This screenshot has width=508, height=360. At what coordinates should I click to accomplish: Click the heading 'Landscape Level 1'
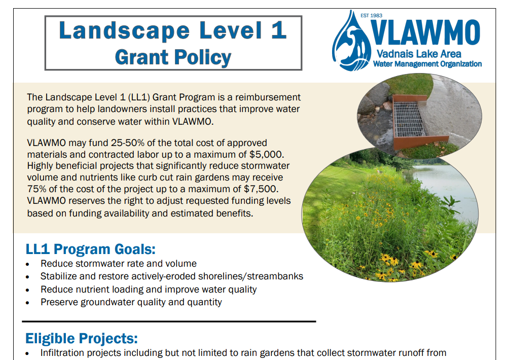pyautogui.click(x=173, y=31)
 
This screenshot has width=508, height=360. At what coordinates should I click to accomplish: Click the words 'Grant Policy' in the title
pyautogui.click(x=173, y=57)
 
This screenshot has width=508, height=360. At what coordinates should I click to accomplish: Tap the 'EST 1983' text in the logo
pyautogui.click(x=371, y=16)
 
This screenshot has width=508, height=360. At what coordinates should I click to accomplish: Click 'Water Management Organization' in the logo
pyautogui.click(x=427, y=64)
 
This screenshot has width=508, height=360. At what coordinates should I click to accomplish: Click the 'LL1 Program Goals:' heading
pyautogui.click(x=90, y=249)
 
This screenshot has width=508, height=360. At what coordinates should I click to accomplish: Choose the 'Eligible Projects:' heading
pyautogui.click(x=82, y=338)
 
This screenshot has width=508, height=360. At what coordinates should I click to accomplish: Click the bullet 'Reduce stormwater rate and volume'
pyautogui.click(x=119, y=264)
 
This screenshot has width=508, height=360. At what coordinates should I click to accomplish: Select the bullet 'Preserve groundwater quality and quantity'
pyautogui.click(x=131, y=302)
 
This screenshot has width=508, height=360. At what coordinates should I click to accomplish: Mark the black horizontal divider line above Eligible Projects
pyautogui.click(x=169, y=321)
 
